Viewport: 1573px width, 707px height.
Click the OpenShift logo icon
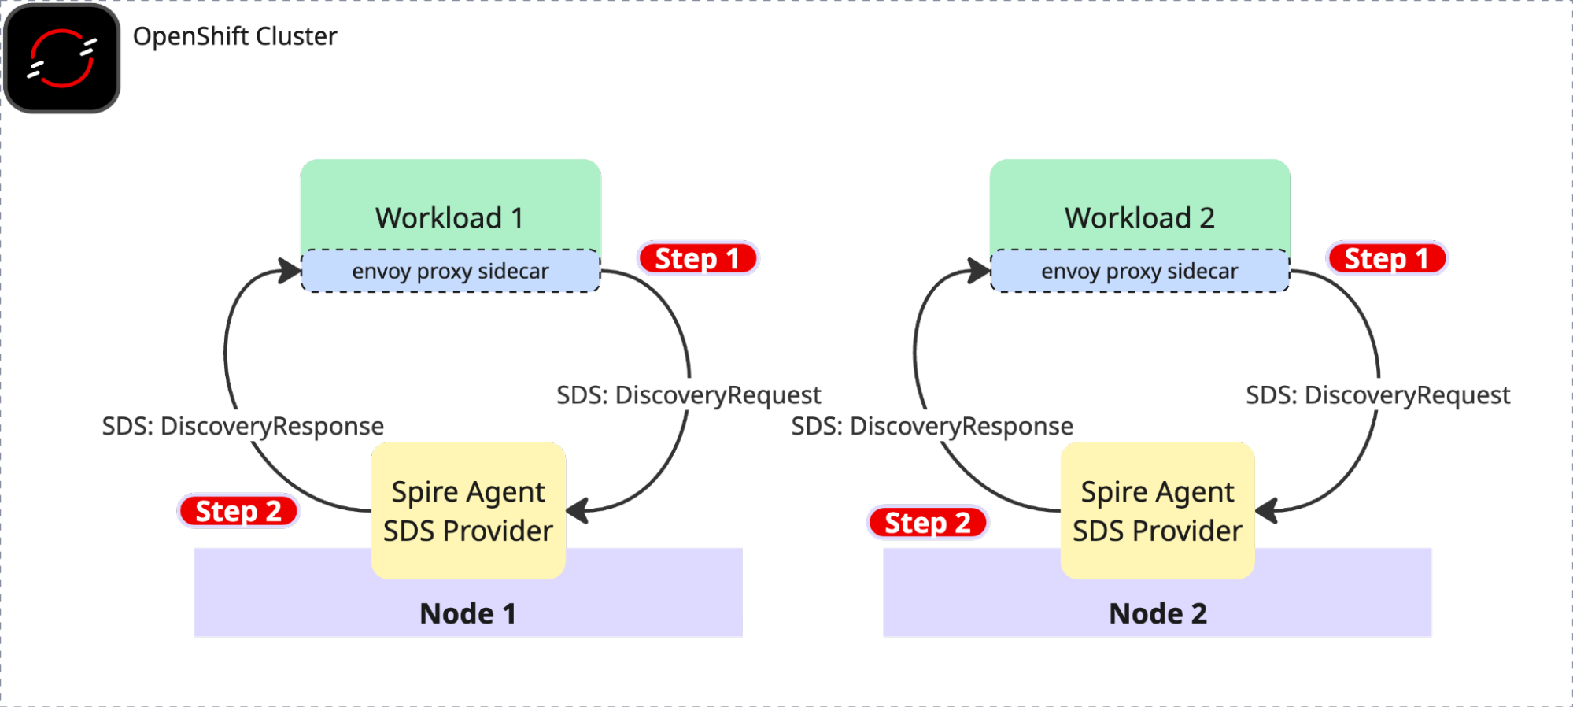pos(62,58)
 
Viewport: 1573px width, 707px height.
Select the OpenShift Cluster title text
pos(234,36)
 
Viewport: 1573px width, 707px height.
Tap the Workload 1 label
pos(449,217)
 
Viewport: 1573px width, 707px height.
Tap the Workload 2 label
pos(1139,217)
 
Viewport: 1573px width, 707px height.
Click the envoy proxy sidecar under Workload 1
pos(450,272)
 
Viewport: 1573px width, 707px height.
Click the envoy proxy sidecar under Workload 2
pos(1139,272)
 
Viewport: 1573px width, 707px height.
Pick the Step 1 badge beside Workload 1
pos(697,258)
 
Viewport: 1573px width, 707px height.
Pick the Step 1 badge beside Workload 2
pos(1387,258)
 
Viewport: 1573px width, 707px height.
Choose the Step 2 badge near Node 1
pos(238,511)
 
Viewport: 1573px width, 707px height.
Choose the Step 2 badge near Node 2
pos(928,523)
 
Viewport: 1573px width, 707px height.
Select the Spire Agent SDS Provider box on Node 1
pos(468,510)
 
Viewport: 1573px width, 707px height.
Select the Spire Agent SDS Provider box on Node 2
pos(1158,510)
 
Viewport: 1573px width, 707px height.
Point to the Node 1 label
pos(468,613)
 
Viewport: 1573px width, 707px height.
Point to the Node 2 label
pos(1158,613)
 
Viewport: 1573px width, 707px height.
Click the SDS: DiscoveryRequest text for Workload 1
pos(689,394)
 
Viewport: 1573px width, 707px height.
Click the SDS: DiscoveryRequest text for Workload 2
pos(1378,394)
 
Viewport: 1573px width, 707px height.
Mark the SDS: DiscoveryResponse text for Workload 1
pos(243,426)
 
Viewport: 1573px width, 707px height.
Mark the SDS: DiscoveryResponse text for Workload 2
pos(932,426)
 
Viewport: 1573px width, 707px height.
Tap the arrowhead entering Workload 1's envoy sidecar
pos(291,271)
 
